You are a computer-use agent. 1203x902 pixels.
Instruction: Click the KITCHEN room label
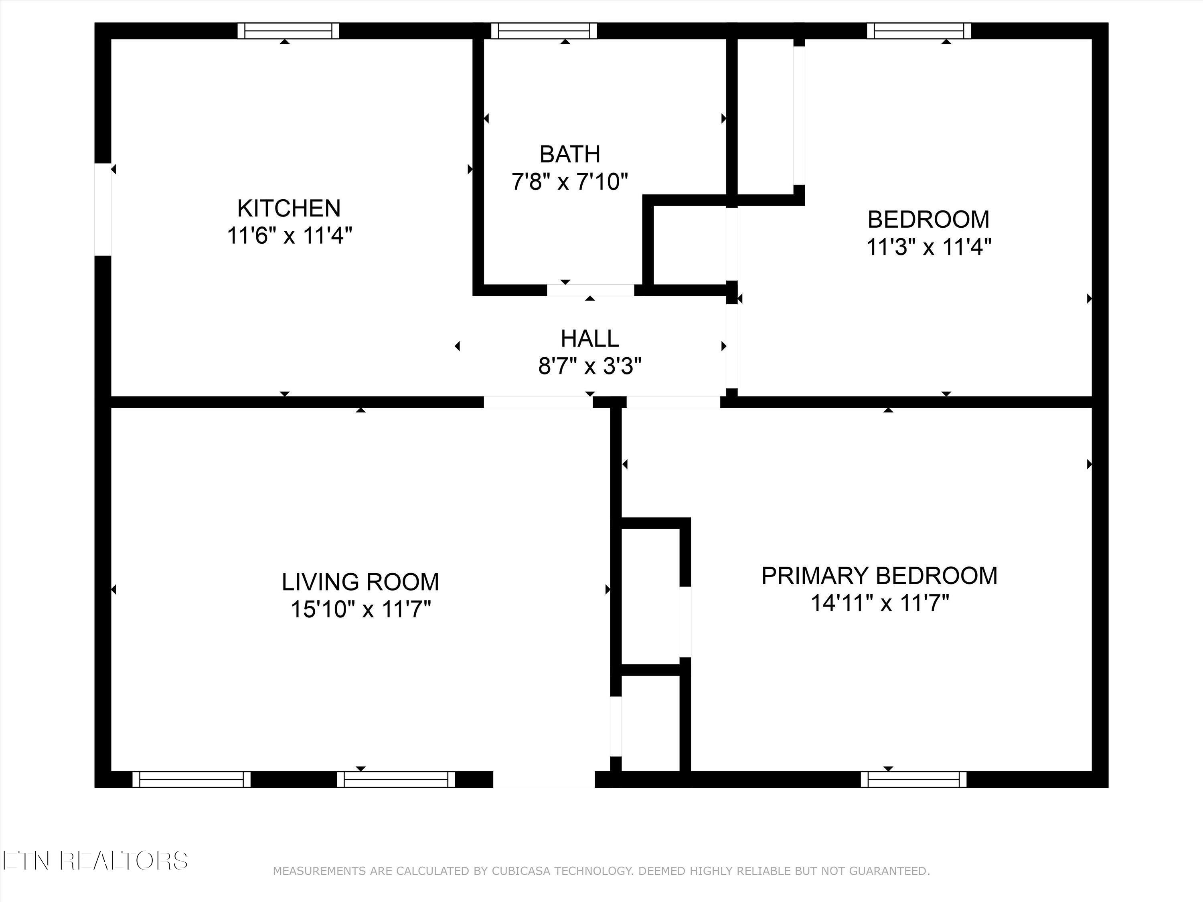(289, 208)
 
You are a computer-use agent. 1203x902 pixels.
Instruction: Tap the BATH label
(569, 154)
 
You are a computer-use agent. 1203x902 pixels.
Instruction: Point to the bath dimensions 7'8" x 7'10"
(569, 181)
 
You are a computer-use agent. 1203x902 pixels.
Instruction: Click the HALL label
(589, 339)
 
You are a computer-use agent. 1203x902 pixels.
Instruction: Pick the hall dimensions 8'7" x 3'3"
(589, 366)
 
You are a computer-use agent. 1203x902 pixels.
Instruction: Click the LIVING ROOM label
(360, 582)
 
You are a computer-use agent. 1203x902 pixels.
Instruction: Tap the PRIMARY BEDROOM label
(879, 576)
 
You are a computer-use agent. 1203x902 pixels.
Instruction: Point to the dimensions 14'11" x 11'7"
(879, 603)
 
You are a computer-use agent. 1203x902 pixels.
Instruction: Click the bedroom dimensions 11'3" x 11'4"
(928, 247)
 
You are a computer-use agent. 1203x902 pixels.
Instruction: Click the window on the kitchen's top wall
(288, 31)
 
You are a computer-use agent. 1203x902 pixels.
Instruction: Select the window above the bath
(543, 31)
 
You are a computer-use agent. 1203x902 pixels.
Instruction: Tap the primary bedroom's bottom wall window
(913, 779)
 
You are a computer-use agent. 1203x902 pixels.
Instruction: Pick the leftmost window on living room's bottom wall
(191, 779)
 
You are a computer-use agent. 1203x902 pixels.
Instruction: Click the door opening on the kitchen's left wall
(103, 209)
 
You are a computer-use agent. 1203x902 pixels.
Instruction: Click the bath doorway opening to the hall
(590, 290)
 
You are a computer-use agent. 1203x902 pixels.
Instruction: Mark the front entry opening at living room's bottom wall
(543, 779)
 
